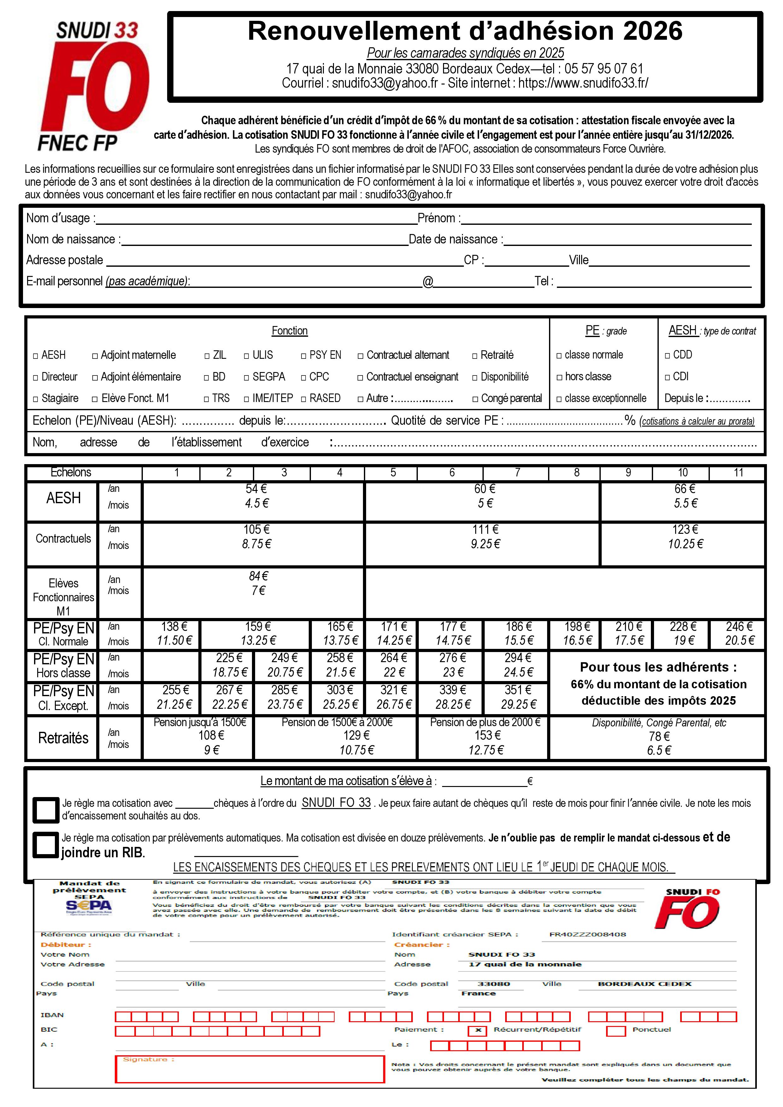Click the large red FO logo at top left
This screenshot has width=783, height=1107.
94,87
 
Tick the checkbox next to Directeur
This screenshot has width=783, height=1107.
35,377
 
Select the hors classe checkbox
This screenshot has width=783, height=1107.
559,377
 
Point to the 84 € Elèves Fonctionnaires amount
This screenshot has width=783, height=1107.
259,576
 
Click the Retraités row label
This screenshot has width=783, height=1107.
63,738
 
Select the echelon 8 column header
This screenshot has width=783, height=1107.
577,473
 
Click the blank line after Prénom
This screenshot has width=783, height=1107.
605,219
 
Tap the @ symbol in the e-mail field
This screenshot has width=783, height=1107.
428,282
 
